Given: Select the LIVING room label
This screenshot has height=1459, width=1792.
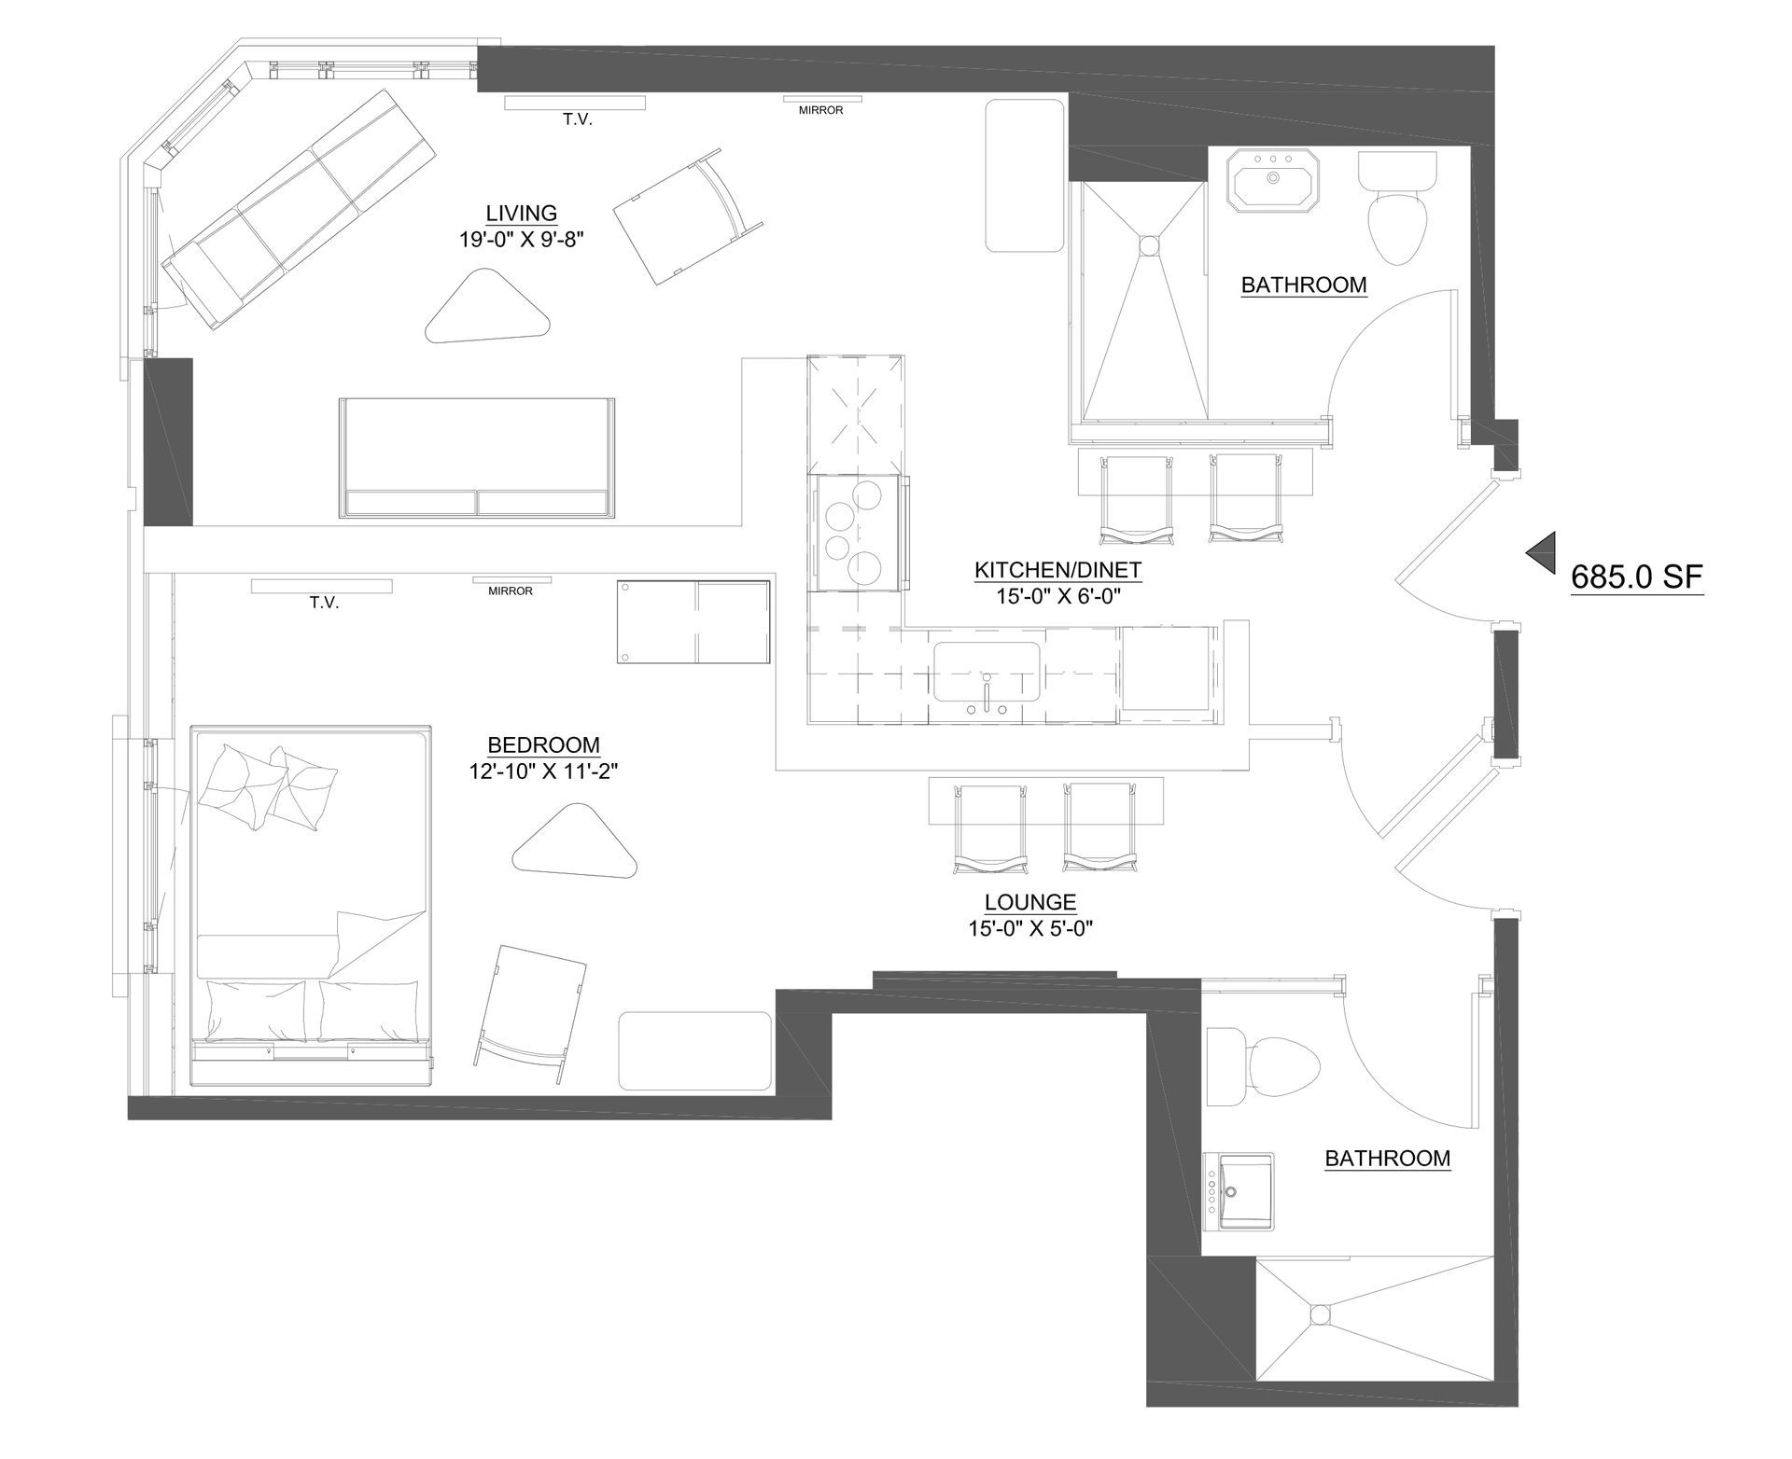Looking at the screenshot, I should coord(521,214).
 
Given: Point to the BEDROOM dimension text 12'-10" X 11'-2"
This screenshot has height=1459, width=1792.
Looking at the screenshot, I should coord(544,771).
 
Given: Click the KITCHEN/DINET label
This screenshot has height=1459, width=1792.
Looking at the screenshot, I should coord(1057,570).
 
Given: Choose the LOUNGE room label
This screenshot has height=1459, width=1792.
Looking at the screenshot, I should coord(1030,902).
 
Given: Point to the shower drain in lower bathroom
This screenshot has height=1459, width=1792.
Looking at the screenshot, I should coord(1319,1314).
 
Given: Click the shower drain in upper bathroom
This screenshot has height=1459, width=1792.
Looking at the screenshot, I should coord(1147,244).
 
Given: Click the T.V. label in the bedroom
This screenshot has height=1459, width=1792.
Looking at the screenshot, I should coord(324,603).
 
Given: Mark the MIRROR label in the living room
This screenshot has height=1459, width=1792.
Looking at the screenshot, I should coord(821,110).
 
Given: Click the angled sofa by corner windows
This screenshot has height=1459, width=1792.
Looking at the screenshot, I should coord(297,208).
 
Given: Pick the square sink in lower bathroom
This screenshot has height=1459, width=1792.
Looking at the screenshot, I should coord(1239,1190).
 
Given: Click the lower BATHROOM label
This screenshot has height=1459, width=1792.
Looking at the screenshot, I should coord(1388,1159).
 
